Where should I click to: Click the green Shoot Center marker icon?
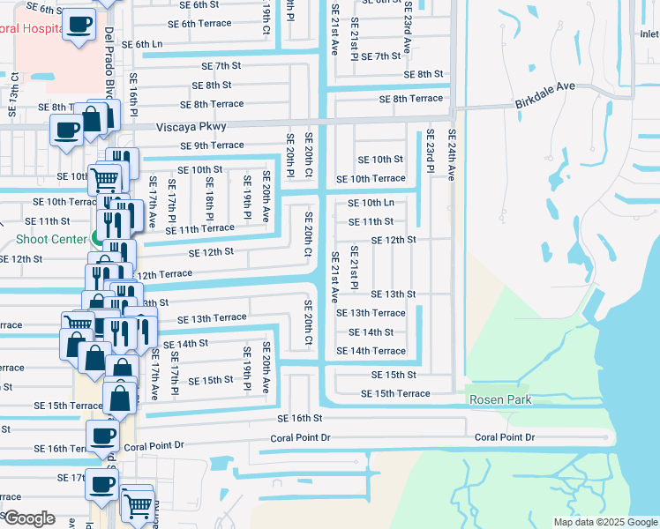[x=95, y=238]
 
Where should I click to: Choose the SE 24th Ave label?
[x=452, y=155]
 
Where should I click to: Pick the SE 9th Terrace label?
[x=212, y=145]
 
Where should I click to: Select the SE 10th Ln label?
[x=371, y=203]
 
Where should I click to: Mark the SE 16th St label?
[x=300, y=418]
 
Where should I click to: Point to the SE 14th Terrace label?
[x=371, y=351]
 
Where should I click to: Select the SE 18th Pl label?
[x=210, y=197]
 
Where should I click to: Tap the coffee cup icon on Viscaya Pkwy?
[x=68, y=130]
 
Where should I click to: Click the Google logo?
[x=28, y=518]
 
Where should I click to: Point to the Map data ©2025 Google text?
[x=604, y=522]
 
